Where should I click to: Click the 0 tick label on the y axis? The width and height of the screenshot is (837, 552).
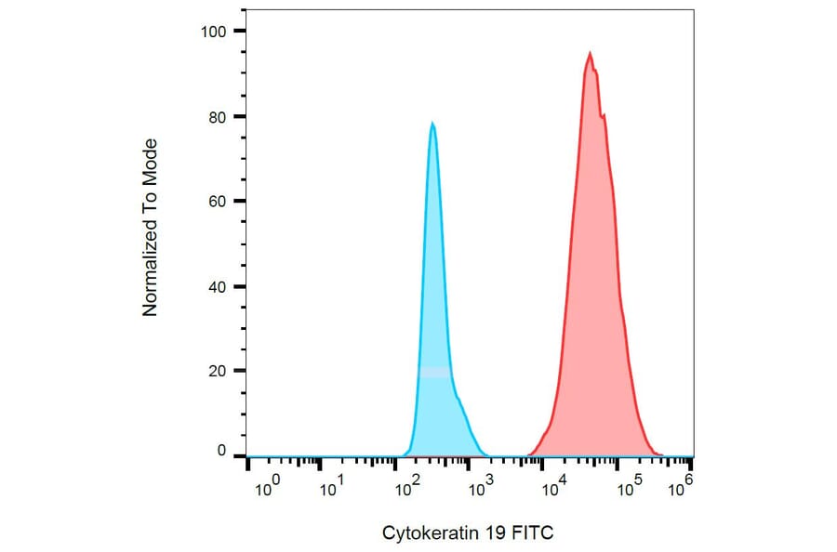[x=222, y=451]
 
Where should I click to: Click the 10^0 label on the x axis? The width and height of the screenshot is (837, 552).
[x=267, y=486]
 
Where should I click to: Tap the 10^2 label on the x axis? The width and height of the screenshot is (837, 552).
[x=405, y=486]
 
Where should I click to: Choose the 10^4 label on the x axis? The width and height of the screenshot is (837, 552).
[x=555, y=486]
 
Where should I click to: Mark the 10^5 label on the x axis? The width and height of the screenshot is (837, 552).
[x=630, y=486]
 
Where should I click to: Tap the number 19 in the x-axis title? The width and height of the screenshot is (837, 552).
[x=492, y=532]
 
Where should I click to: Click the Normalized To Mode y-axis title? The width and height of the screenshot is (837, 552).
[x=150, y=228]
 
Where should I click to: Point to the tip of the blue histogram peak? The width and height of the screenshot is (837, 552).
[x=432, y=124]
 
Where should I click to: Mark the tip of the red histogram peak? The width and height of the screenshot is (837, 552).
[x=590, y=53]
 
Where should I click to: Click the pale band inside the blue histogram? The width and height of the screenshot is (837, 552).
[x=434, y=372]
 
